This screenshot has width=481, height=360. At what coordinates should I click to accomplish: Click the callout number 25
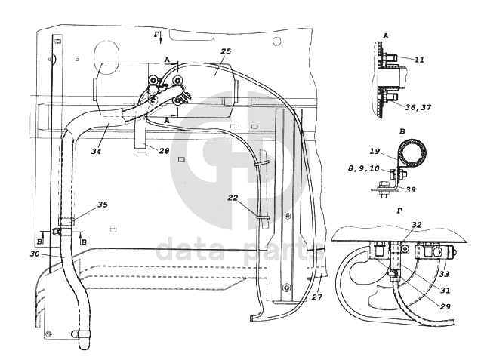pyautogui.click(x=226, y=51)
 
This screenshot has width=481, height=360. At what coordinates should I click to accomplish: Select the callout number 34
pyautogui.click(x=97, y=151)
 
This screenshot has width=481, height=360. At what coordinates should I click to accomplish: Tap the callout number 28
pyautogui.click(x=164, y=150)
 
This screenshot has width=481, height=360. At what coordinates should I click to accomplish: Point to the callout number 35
pyautogui.click(x=103, y=205)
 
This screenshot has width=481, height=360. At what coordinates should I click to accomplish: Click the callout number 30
pyautogui.click(x=35, y=254)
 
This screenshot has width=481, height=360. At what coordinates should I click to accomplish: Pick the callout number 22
pyautogui.click(x=233, y=198)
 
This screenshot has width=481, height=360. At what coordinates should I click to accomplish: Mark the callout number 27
pyautogui.click(x=317, y=297)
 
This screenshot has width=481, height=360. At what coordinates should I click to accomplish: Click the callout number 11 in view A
pyautogui.click(x=419, y=60)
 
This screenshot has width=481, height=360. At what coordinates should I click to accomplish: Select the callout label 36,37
pyautogui.click(x=418, y=107)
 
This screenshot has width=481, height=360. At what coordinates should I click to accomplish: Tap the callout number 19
pyautogui.click(x=375, y=151)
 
